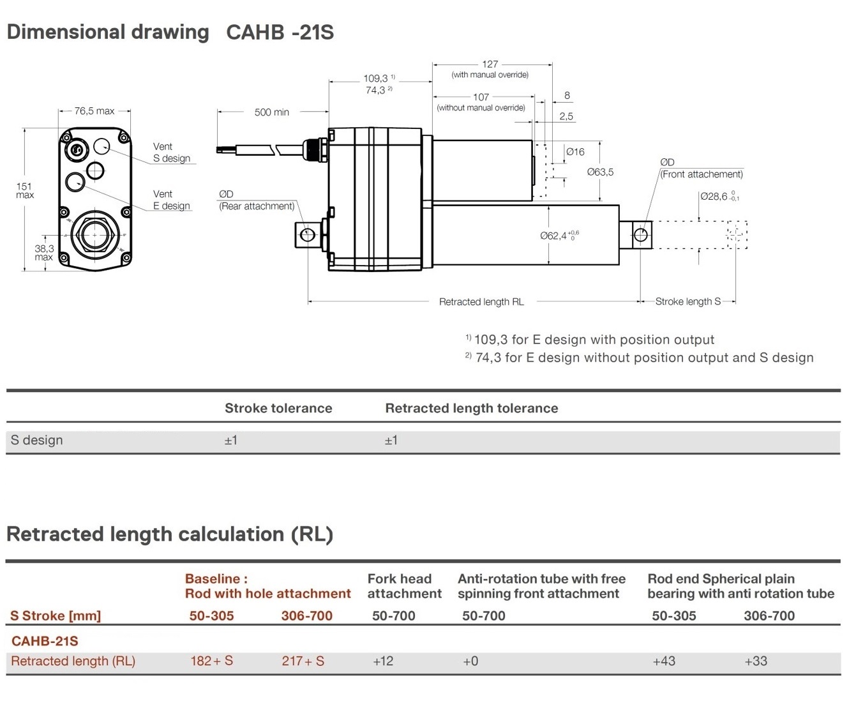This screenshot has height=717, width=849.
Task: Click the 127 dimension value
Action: (x=490, y=64)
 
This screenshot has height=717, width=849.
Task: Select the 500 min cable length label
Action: (x=271, y=112)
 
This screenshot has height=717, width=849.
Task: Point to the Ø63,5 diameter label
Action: (x=600, y=172)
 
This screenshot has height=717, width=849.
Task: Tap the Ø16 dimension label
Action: (x=575, y=152)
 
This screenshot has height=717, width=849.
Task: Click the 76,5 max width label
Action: (x=94, y=111)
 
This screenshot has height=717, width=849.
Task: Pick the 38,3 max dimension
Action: (x=44, y=253)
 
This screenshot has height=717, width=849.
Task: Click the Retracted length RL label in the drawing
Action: (x=481, y=302)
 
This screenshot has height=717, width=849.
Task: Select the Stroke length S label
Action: (x=687, y=301)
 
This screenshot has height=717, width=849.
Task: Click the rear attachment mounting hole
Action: (x=307, y=235)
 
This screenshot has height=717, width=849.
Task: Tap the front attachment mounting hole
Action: (x=640, y=235)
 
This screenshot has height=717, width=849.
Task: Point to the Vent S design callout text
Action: (x=171, y=153)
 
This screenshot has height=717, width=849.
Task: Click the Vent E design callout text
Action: (x=171, y=200)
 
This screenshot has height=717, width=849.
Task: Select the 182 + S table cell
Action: (x=211, y=661)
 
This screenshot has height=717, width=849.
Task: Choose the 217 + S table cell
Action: (x=303, y=661)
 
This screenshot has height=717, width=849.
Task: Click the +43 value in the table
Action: (x=664, y=661)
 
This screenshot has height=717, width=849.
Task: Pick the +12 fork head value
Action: (x=383, y=661)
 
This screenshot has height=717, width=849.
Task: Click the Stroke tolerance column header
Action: (x=278, y=409)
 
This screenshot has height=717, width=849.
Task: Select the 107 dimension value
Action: (x=481, y=97)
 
